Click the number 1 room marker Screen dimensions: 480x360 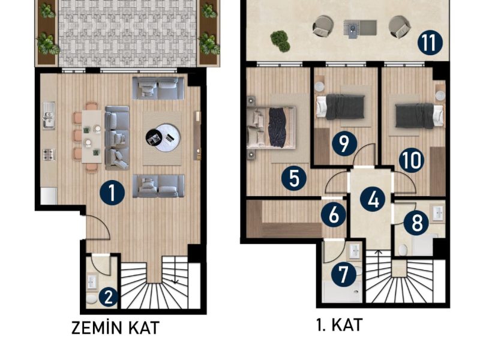click(x=112, y=193)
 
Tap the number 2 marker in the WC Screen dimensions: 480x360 click(x=108, y=297)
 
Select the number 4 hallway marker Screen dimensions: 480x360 click(x=373, y=200)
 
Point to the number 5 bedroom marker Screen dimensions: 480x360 click(x=294, y=178)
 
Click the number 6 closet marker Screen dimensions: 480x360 click(x=334, y=215)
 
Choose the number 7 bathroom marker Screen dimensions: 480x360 click(x=343, y=275)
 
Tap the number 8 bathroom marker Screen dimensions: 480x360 click(x=416, y=223)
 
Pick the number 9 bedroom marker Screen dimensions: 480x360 click(x=344, y=143)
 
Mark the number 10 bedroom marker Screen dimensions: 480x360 click(x=412, y=160)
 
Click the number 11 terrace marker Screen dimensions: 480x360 click(x=430, y=43)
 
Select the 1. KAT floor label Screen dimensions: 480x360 click(x=339, y=325)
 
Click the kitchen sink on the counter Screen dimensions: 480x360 click(x=49, y=115)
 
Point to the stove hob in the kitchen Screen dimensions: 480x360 click(x=49, y=155)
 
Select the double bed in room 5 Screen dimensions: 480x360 click(x=271, y=127)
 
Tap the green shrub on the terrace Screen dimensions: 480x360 click(x=280, y=41)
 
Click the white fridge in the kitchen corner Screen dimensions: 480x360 click(x=49, y=196)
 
